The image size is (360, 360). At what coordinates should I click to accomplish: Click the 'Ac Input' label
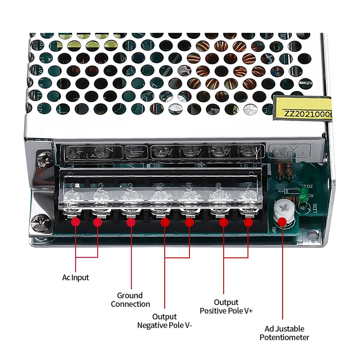tap(76, 278)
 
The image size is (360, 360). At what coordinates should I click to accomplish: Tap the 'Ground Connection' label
tap(130, 300)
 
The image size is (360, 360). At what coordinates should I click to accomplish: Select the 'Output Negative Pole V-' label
tap(164, 321)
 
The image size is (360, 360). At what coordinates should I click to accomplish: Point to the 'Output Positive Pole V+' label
tap(226, 306)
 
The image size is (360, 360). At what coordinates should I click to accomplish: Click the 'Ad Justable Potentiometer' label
tap(284, 333)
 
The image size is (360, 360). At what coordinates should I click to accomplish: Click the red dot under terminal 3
tap(130, 222)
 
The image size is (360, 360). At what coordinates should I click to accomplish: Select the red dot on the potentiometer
tap(283, 221)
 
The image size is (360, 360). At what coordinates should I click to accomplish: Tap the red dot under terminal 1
tap(76, 222)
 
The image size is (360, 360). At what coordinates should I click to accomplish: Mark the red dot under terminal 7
tap(248, 222)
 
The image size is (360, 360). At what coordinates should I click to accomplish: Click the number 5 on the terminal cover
tap(189, 186)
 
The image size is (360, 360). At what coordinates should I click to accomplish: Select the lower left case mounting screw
tap(40, 222)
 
